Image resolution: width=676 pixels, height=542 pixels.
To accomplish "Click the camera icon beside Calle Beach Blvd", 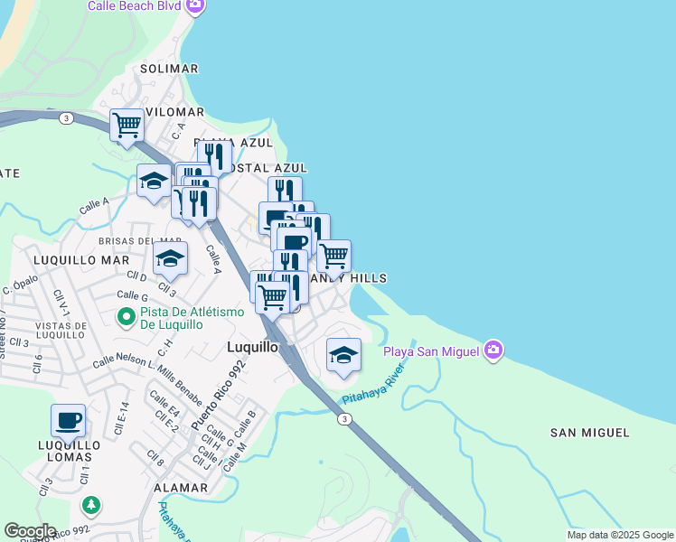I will pos(194,6).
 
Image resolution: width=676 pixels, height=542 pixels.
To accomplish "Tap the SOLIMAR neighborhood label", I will pos(169,69).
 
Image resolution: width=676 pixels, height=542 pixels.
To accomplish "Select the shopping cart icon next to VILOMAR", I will pos(127,124).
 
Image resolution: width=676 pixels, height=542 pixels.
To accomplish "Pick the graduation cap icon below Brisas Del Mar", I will pos(170,258).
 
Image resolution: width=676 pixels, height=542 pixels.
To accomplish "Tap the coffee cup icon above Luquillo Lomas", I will pos(69,420).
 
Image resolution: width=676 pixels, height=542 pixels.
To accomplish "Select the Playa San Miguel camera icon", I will pos(493,350).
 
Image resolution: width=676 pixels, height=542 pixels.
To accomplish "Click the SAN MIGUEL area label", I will pos(589,433).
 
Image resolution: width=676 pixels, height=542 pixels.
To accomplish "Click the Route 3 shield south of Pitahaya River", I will pos(344,418).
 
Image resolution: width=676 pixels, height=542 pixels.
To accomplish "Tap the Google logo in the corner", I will pos(30,531).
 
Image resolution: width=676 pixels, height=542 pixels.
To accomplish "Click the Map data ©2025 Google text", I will pos(619,535).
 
